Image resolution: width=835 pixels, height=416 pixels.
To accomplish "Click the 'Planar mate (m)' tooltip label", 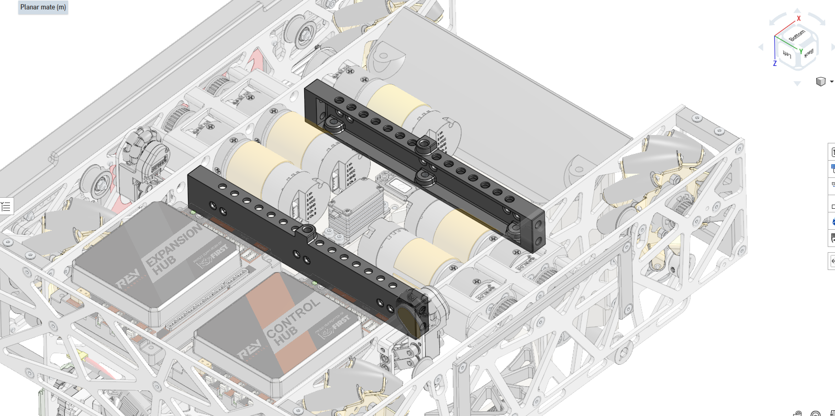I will pyautogui.click(x=43, y=7).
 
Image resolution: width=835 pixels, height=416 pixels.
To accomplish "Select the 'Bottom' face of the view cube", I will pyautogui.click(x=797, y=36).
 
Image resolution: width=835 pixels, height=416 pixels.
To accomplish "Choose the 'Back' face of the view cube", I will pyautogui.click(x=809, y=53).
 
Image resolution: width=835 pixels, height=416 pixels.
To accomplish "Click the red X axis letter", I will pyautogui.click(x=799, y=18).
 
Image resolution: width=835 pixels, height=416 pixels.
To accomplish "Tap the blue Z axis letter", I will pyautogui.click(x=775, y=63).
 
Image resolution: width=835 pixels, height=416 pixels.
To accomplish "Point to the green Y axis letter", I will pyautogui.click(x=801, y=51).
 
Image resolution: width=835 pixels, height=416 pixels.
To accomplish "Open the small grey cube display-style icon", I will pyautogui.click(x=820, y=81).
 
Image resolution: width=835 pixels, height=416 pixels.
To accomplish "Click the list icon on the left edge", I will pyautogui.click(x=6, y=207).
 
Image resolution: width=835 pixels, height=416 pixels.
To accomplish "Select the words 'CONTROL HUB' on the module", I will pyautogui.click(x=293, y=321).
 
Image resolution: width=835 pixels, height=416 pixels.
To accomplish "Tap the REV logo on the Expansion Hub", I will pyautogui.click(x=128, y=279).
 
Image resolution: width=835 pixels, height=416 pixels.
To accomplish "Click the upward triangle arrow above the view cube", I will pyautogui.click(x=797, y=10).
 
